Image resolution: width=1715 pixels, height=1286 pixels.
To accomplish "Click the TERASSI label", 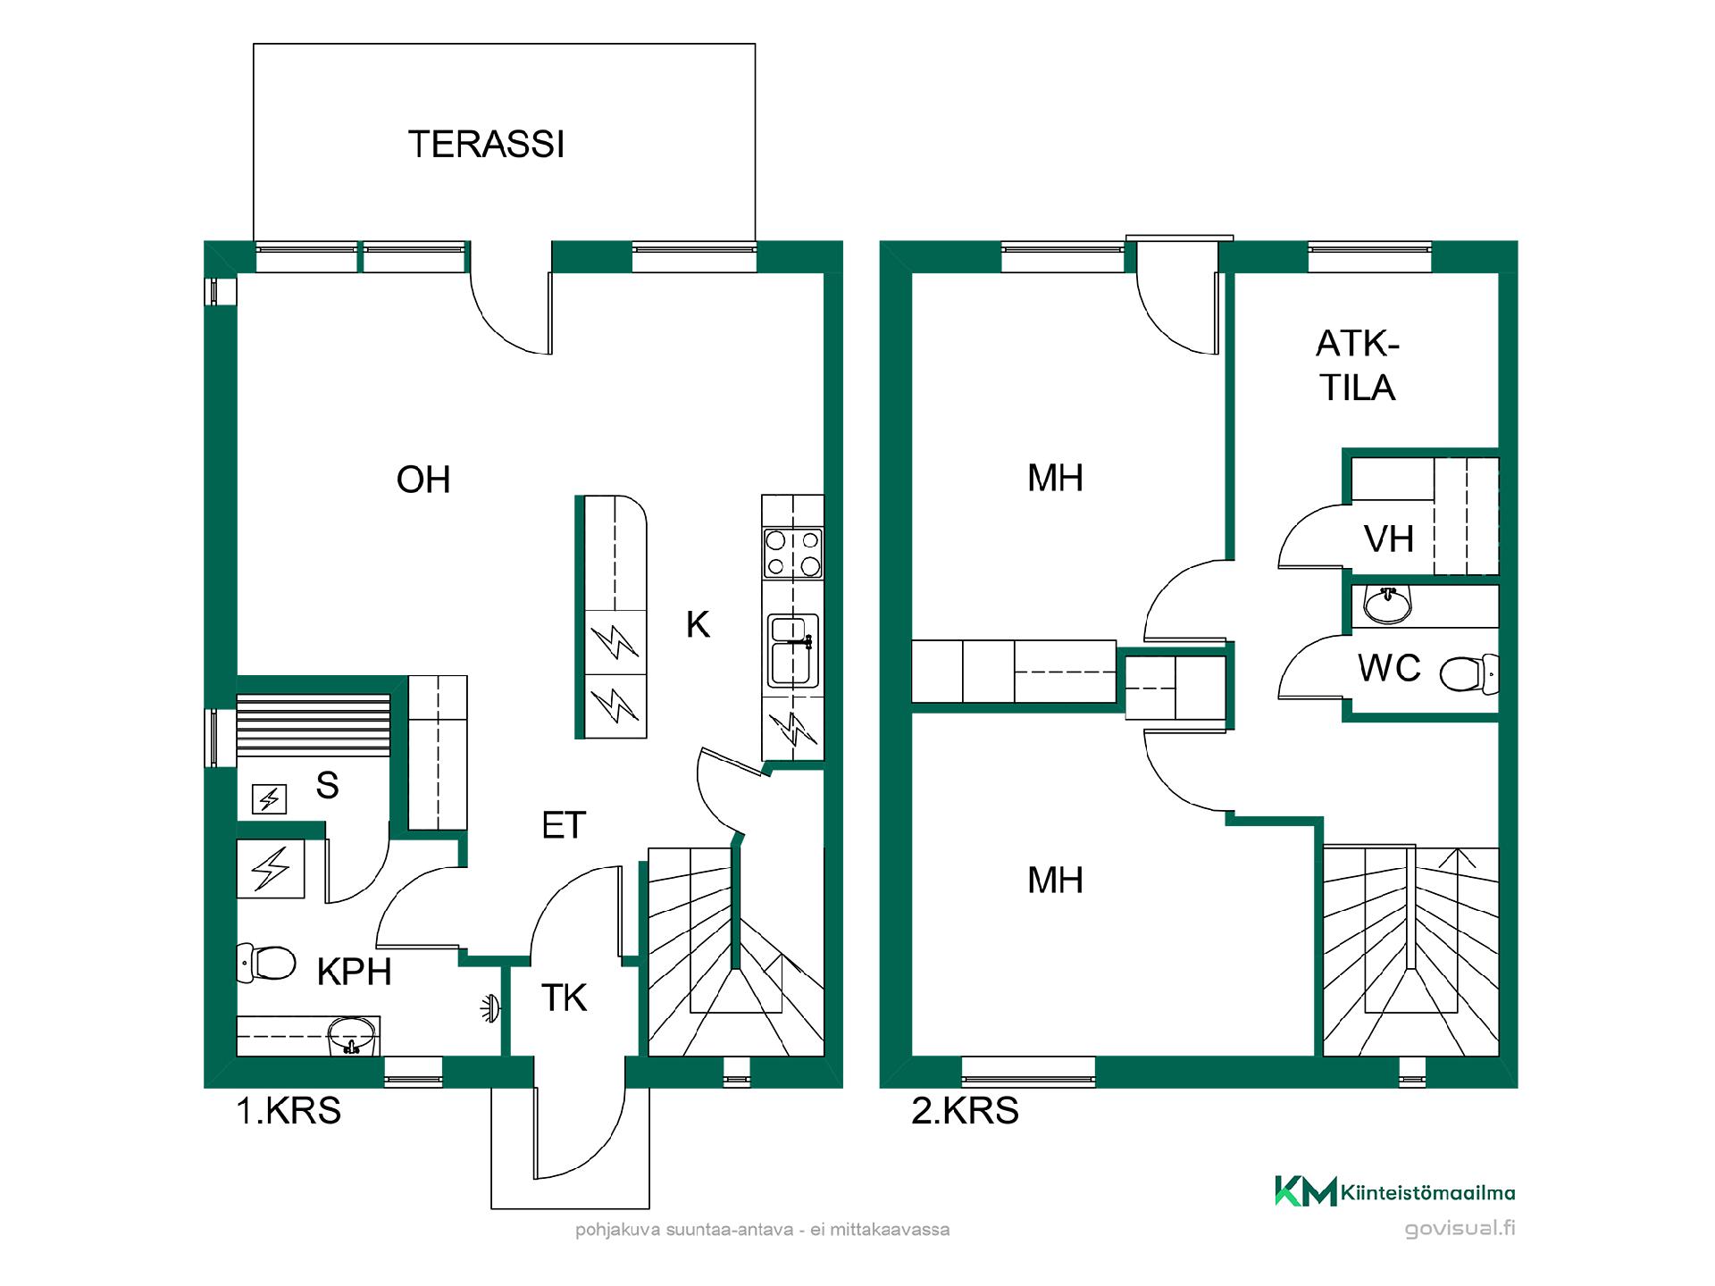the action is [486, 145].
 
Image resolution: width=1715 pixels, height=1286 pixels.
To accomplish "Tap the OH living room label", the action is [423, 480].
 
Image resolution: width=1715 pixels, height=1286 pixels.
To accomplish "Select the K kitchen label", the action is [698, 625].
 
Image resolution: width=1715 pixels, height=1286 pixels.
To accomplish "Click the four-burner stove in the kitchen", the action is [793, 553].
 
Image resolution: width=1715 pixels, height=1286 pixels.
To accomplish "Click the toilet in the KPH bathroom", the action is [266, 964].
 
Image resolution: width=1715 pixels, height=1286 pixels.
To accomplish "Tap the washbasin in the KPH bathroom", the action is [353, 1036].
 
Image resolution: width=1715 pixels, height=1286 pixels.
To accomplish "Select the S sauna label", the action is [328, 786].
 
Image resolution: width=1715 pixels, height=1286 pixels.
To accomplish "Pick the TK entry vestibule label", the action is [565, 998].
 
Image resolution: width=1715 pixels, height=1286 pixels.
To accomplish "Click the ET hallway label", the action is [564, 826].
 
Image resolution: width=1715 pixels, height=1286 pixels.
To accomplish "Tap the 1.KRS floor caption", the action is [289, 1111].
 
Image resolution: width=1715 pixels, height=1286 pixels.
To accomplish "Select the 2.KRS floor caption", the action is [965, 1111].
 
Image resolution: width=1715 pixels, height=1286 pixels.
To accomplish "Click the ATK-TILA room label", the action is [1358, 366].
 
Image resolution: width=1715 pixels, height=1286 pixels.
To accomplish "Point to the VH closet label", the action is [1389, 539].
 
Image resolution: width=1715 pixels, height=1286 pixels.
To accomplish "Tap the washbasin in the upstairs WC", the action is [1388, 605].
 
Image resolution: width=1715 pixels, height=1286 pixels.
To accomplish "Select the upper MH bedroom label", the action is [1056, 479].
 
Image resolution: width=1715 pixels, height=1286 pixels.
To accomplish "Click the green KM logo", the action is [1305, 1191].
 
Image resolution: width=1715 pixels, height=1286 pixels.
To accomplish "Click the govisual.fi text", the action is [1460, 1229].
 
